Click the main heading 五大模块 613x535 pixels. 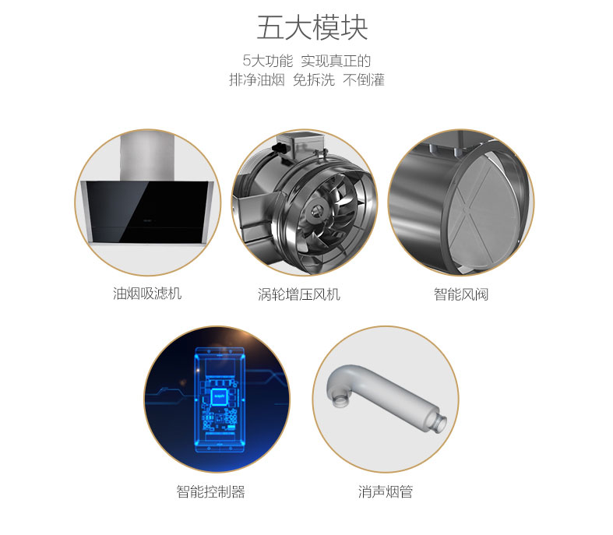(x=312, y=28)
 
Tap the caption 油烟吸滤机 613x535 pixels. (x=147, y=293)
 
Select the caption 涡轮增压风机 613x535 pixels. (x=299, y=294)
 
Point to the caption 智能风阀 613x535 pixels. (x=461, y=294)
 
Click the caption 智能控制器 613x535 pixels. (x=211, y=491)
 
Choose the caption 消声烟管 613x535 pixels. (x=386, y=491)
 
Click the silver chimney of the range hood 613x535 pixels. (x=147, y=157)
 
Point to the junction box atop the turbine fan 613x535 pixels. (x=301, y=144)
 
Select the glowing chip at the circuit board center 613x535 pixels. (x=220, y=398)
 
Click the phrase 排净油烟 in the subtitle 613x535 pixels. (x=257, y=79)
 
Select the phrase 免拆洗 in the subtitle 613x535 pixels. (x=314, y=79)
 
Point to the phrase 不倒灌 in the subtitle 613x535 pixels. (x=364, y=79)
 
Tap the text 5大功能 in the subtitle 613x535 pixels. (x=268, y=61)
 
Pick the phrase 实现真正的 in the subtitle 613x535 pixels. (x=336, y=61)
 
